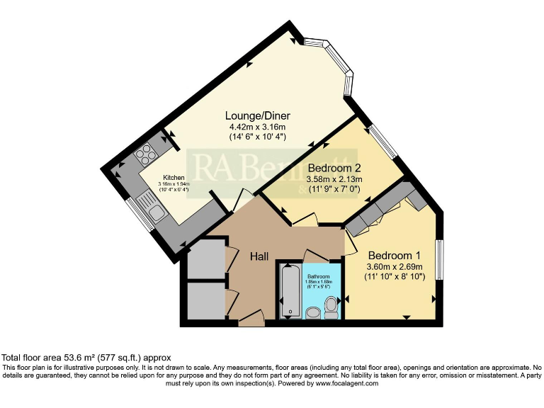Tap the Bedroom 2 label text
[334, 168]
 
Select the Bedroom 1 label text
[395, 256]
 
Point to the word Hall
[258, 257]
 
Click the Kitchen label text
[174, 178]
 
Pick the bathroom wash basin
[312, 312]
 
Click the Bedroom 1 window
[439, 261]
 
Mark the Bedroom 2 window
[384, 142]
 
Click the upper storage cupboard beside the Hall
[206, 260]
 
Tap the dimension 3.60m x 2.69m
[395, 267]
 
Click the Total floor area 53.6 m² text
[86, 358]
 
